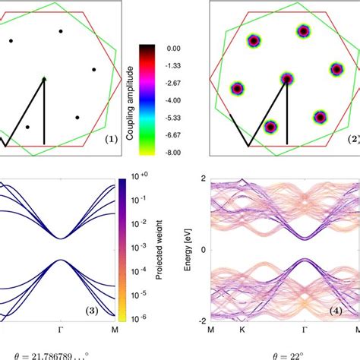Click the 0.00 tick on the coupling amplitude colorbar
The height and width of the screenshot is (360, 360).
[x=174, y=48]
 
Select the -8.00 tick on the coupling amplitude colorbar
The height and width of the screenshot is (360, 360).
[x=174, y=151]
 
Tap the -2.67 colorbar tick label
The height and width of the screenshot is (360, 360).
[x=174, y=82]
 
